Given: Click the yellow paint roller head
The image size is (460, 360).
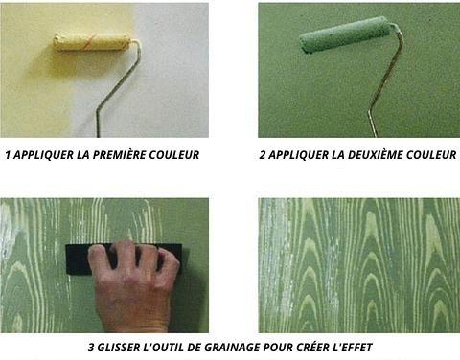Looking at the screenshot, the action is pos(92,42).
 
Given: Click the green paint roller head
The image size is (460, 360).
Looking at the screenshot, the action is pos(346,34).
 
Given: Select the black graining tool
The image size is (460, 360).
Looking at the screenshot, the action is pos(124,259).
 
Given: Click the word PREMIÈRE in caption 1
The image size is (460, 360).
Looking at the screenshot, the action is pos(119,155).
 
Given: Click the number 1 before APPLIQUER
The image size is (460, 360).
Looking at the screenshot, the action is pos(8,155).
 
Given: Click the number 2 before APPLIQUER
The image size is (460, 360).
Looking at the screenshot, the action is pos(263,155).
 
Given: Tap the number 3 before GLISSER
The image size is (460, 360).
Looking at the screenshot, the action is pos(91,348).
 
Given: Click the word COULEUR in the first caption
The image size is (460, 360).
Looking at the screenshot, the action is pos(174,155).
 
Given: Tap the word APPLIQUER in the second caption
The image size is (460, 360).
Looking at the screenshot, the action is pos(298,155).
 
